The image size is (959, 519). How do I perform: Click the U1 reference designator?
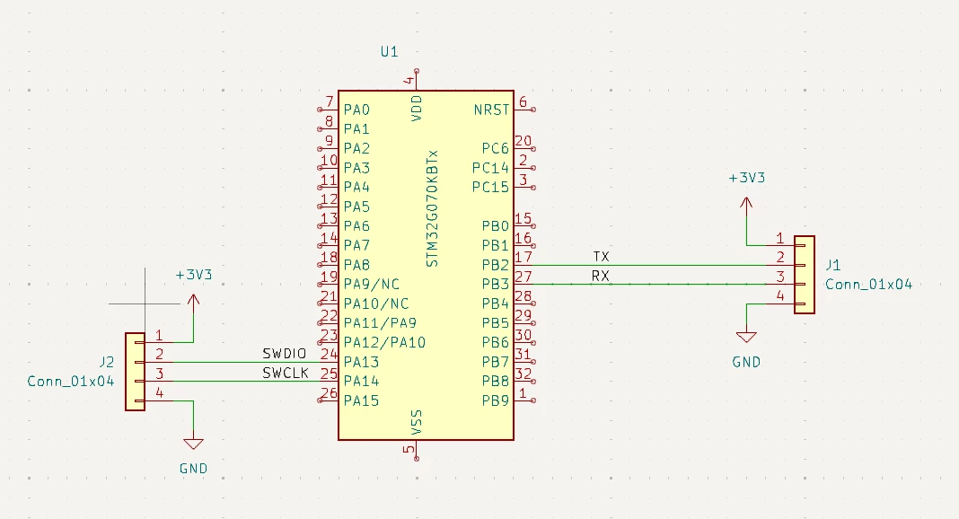pyautogui.click(x=389, y=52)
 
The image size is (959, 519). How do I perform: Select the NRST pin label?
pyautogui.click(x=491, y=110)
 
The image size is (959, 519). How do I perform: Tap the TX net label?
pyautogui.click(x=602, y=257)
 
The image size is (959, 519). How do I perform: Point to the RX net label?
pyautogui.click(x=601, y=277)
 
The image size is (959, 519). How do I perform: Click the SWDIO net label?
pyautogui.click(x=285, y=354)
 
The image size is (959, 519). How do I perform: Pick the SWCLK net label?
pyautogui.click(x=286, y=373)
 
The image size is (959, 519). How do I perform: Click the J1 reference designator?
pyautogui.click(x=833, y=265)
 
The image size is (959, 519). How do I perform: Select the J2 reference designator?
pyautogui.click(x=107, y=363)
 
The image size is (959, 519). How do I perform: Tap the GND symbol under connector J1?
pyautogui.click(x=746, y=338)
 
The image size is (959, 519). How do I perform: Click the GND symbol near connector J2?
pyautogui.click(x=193, y=444)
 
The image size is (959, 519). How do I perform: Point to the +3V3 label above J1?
pyautogui.click(x=747, y=178)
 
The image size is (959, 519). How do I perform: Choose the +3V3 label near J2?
pyautogui.click(x=194, y=275)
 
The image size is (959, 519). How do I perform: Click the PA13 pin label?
pyautogui.click(x=362, y=362)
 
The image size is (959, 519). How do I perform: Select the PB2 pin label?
pyautogui.click(x=496, y=265)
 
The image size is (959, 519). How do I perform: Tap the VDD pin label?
pyautogui.click(x=417, y=109)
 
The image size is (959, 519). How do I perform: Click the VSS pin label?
pyautogui.click(x=417, y=422)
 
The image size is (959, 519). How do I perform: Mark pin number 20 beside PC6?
pyautogui.click(x=523, y=141)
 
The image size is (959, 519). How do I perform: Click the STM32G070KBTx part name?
pyautogui.click(x=433, y=209)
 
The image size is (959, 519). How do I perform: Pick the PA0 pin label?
pyautogui.click(x=356, y=110)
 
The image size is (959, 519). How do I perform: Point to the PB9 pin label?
pyautogui.click(x=496, y=401)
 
